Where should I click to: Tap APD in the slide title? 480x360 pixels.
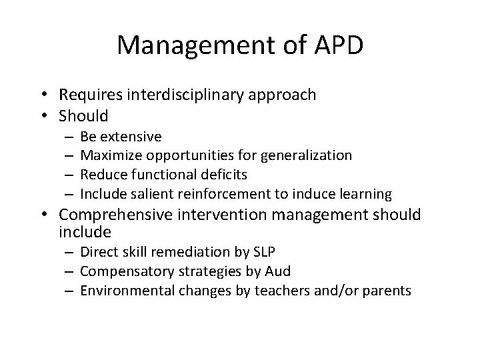[337, 45]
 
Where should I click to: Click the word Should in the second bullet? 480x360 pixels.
[83, 116]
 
